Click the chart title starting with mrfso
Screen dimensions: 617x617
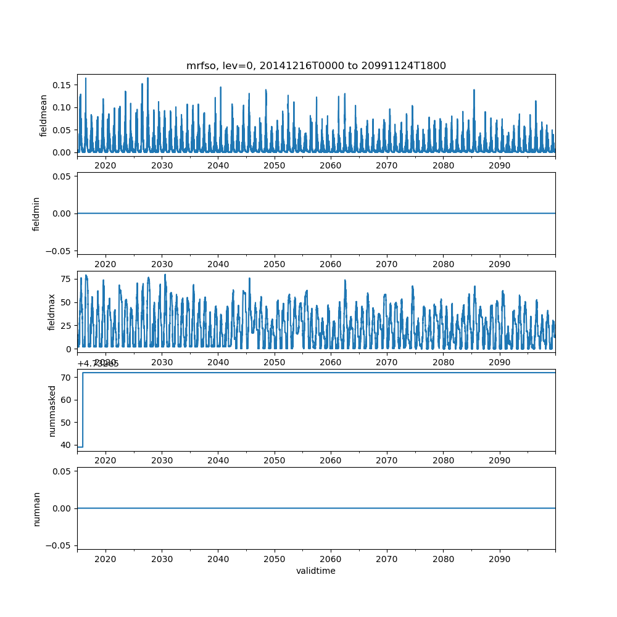click(316, 65)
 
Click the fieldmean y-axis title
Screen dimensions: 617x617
click(44, 115)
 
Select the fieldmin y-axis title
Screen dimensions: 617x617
click(36, 213)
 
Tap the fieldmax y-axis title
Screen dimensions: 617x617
click(52, 312)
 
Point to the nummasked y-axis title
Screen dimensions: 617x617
click(52, 410)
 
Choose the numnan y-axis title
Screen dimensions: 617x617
click(36, 508)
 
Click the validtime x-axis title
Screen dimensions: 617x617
click(316, 571)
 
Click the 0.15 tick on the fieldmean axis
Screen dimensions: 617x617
click(64, 85)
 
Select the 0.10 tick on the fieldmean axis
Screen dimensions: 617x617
click(64, 107)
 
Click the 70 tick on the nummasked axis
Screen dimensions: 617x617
click(67, 377)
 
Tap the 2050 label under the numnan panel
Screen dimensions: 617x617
click(275, 559)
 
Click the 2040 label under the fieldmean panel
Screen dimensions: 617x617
click(218, 166)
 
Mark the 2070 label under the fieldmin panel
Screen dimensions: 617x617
click(387, 264)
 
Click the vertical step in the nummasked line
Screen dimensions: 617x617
click(83, 409)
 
